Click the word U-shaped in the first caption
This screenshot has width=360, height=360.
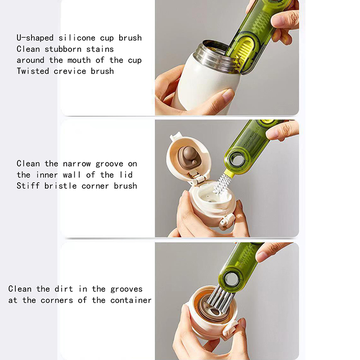[35, 38]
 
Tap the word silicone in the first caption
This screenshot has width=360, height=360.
[76, 38]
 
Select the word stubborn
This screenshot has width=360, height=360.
[63, 49]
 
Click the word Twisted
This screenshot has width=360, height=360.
[32, 71]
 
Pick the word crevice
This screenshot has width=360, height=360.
[70, 71]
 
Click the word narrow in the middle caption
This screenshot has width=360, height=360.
[76, 164]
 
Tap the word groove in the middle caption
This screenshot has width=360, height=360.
[109, 164]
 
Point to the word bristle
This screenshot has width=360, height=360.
[61, 186]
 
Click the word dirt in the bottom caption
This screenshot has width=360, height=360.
[63, 289]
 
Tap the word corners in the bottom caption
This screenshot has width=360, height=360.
[57, 300]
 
